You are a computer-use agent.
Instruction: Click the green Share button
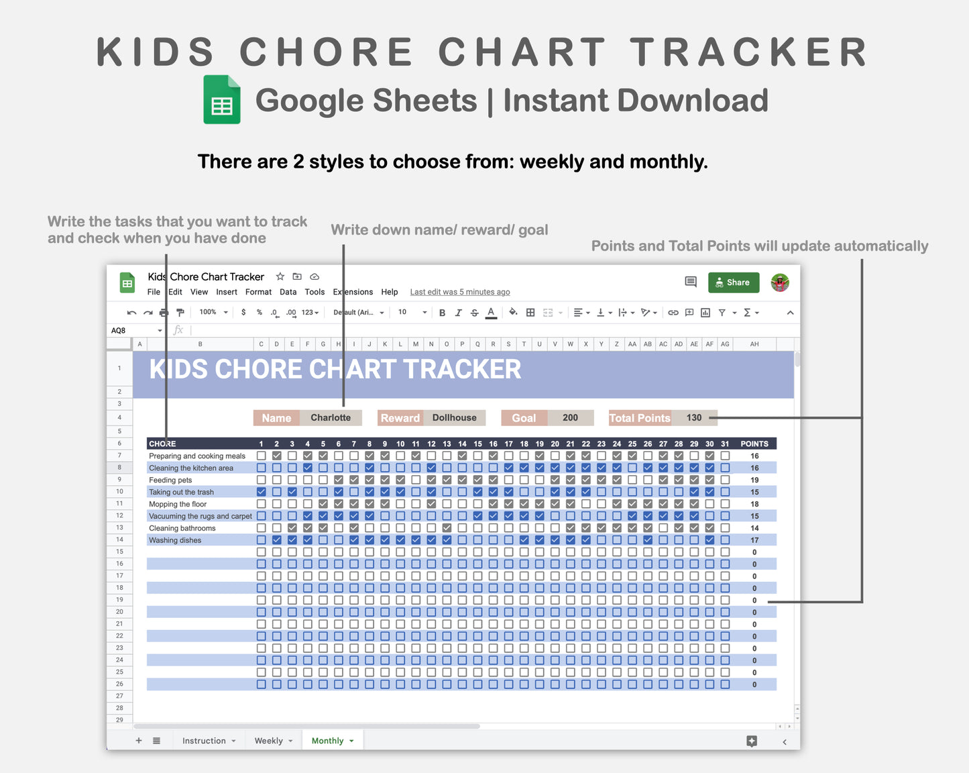click(733, 282)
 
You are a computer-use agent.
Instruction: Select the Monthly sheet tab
click(328, 741)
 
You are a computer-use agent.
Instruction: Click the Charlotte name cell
click(331, 417)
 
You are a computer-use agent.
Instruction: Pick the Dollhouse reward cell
click(454, 417)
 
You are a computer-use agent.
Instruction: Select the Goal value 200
click(570, 417)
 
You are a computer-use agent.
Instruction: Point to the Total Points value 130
click(693, 417)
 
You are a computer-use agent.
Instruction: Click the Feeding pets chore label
click(170, 480)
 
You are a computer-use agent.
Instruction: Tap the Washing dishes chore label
click(175, 540)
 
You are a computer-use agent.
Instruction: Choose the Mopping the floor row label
click(178, 504)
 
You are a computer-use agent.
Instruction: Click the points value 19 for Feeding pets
click(754, 480)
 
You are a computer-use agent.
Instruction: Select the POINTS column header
click(754, 444)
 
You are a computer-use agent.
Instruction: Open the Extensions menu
click(353, 292)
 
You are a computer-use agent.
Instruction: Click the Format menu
click(258, 292)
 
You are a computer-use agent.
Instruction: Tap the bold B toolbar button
click(442, 313)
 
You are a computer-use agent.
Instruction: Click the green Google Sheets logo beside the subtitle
click(222, 100)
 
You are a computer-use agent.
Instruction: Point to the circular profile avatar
click(780, 282)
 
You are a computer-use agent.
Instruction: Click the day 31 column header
click(725, 444)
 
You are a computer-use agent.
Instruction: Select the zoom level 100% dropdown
click(213, 312)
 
